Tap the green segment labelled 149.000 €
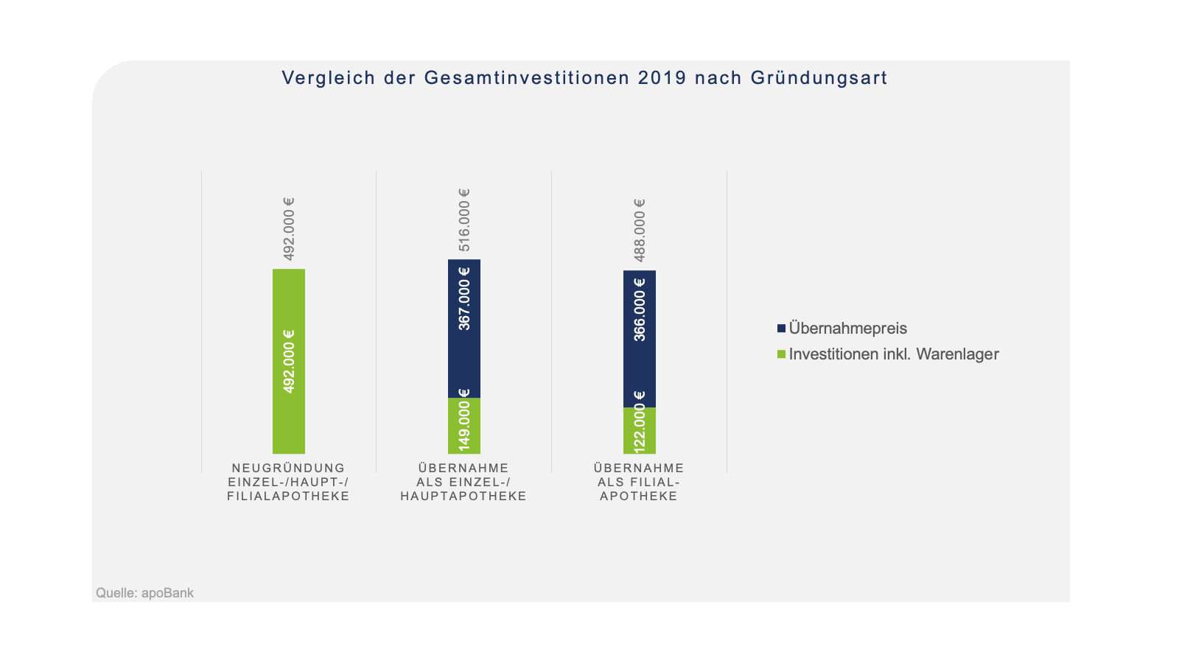[x=464, y=426]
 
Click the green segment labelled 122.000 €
[x=640, y=431]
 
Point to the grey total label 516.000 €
[x=464, y=220]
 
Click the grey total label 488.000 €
[x=640, y=230]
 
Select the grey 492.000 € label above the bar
[x=289, y=228]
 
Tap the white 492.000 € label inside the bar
[x=289, y=361]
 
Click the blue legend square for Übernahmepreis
[x=781, y=329]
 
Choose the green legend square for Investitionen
[x=781, y=354]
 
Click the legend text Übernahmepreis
[x=847, y=329]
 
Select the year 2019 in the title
[x=662, y=78]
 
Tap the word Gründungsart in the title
[x=819, y=78]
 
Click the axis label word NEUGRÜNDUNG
[x=289, y=468]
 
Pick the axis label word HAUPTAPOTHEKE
[x=463, y=496]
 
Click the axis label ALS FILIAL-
[x=639, y=482]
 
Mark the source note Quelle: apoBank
[x=145, y=593]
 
